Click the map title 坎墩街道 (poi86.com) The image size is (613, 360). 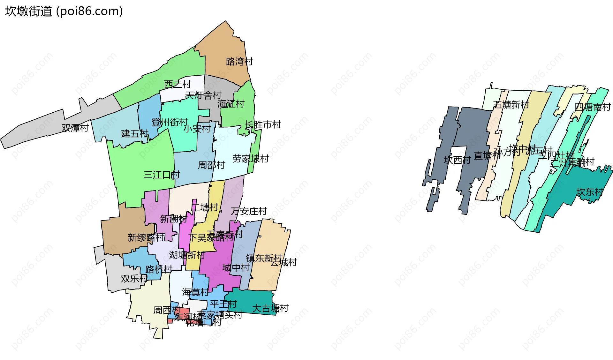(x=64, y=11)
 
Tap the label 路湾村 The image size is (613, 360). (x=239, y=61)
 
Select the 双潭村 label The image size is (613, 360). (x=75, y=128)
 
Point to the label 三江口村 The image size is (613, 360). (x=162, y=175)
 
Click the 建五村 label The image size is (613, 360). (x=135, y=133)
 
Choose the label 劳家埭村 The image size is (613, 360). (x=251, y=159)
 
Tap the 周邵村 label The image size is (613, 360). (x=211, y=165)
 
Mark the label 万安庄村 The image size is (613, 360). (x=249, y=211)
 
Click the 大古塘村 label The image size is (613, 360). (x=270, y=308)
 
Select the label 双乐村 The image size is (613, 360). (x=134, y=278)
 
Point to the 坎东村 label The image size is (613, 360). (x=590, y=192)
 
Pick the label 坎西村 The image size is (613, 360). (x=458, y=160)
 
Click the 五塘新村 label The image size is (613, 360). (x=511, y=104)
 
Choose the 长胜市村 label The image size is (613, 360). (x=263, y=124)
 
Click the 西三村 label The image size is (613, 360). (x=178, y=84)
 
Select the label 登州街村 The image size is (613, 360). (x=170, y=122)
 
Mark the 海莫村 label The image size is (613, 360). (x=195, y=292)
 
